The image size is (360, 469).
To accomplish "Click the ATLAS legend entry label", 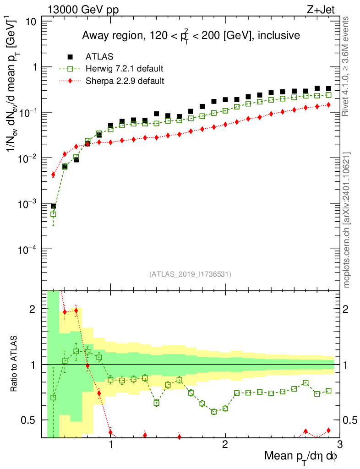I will [99, 57].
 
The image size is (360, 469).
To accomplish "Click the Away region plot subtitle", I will [191, 36].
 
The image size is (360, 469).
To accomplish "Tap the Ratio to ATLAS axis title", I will [15, 364].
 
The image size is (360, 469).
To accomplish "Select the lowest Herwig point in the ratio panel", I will [214, 412].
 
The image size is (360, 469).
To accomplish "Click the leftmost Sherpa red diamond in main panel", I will [53, 175].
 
